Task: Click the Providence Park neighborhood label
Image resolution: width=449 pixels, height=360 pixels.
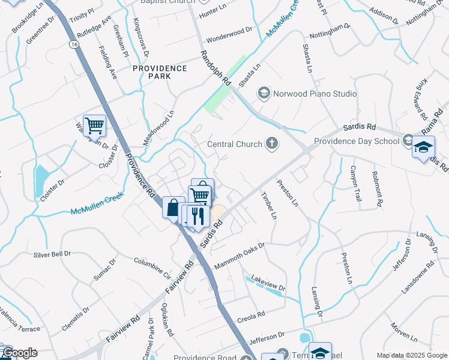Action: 160,73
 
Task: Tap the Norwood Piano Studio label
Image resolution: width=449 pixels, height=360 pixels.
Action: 315,94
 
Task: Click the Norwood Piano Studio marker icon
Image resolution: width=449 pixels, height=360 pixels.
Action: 264,93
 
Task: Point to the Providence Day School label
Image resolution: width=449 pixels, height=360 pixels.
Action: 357,142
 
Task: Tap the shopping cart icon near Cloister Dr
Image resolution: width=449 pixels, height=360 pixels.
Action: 94,126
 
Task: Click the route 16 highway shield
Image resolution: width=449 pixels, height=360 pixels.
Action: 73,45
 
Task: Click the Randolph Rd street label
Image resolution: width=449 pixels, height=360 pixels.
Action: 215,67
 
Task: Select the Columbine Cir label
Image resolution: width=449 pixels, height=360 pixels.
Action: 152,266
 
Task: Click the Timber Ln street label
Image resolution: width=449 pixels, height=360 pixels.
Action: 269,205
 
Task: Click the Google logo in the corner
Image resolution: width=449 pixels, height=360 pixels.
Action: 19,353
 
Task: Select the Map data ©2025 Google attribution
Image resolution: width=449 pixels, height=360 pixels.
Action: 412,355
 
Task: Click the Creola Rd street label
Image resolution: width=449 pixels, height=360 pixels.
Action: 251,315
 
